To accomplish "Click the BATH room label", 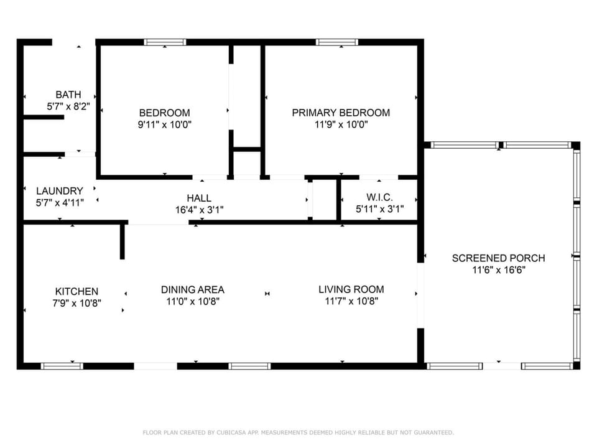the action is click(68, 95).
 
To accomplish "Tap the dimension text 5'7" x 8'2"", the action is click(68, 106).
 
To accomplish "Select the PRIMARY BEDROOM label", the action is click(341, 113).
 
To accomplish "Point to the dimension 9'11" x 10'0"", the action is click(164, 124).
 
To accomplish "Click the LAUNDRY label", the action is click(60, 191).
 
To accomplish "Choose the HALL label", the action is click(199, 198).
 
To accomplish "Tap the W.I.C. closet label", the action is click(379, 197).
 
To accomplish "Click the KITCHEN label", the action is click(76, 291).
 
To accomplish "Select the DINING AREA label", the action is click(193, 289).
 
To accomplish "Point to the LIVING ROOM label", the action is click(351, 289).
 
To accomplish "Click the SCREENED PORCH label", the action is click(498, 258).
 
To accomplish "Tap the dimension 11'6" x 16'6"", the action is click(499, 270).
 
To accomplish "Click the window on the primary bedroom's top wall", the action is click(336, 42).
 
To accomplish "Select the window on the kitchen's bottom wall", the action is click(62, 366).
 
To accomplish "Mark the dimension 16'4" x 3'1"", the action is click(199, 210).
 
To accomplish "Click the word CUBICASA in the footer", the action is click(231, 432).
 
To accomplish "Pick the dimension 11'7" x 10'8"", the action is click(351, 301).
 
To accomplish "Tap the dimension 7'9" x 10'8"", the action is click(77, 303).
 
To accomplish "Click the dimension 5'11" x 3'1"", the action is click(379, 209).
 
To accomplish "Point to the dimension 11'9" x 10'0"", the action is click(341, 124).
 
